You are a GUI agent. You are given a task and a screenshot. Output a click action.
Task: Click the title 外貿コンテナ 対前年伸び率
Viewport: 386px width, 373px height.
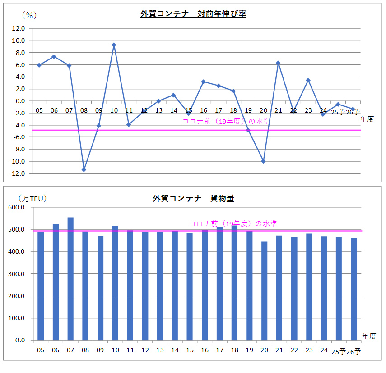tap(193, 14)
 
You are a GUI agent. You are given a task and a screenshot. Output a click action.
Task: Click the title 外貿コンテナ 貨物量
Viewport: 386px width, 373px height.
tap(193, 198)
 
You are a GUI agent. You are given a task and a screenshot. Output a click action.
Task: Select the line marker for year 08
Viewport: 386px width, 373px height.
tap(84, 169)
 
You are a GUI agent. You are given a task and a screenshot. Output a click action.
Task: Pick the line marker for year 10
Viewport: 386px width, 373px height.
tap(114, 45)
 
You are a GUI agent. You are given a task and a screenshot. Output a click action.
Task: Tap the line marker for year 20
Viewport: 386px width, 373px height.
tap(263, 161)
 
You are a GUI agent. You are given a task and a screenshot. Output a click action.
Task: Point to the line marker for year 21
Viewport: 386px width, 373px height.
tap(278, 63)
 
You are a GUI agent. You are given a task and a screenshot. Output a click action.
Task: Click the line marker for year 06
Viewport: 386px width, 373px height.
tap(54, 57)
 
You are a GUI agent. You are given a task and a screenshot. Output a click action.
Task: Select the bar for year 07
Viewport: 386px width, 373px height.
tap(70, 279)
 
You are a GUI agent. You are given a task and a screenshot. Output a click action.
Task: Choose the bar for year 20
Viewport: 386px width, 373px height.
tap(265, 291)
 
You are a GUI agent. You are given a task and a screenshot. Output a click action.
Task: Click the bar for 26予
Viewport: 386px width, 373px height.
tap(354, 289)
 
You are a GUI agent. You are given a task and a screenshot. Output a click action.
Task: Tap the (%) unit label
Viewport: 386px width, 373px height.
tap(28, 15)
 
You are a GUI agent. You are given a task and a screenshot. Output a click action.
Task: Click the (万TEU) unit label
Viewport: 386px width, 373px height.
tap(33, 198)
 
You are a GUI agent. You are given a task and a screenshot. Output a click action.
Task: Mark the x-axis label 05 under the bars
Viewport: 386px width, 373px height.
tap(41, 350)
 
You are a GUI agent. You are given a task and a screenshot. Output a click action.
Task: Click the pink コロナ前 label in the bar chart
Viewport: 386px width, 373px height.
tap(233, 223)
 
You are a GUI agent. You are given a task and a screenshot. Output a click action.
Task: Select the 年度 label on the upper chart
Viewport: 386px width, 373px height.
tap(367, 119)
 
